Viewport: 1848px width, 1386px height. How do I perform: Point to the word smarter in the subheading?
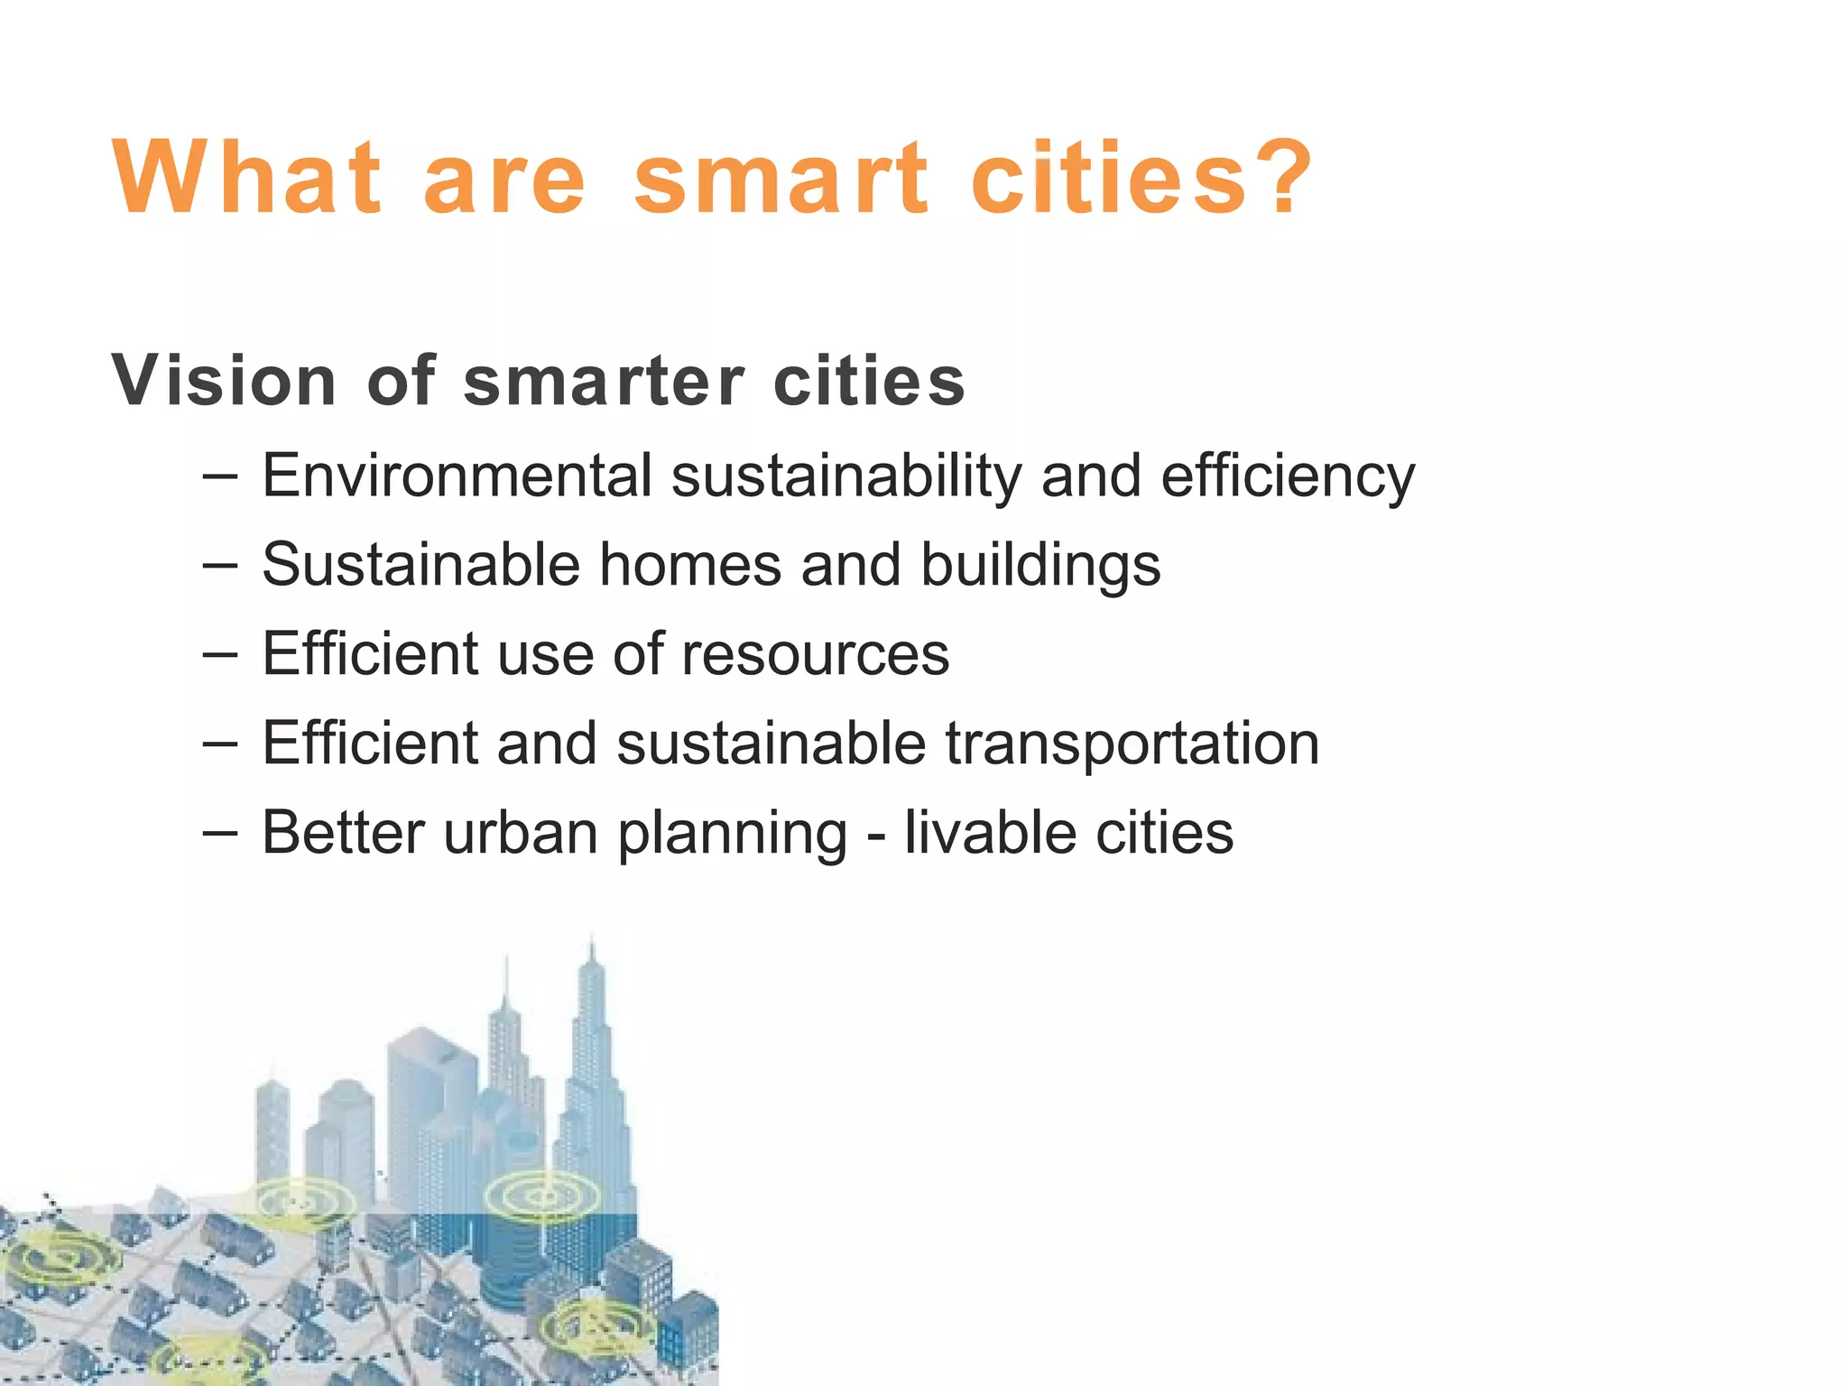(604, 381)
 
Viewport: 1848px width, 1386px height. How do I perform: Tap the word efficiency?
(1288, 477)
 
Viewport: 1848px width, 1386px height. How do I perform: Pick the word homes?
(690, 565)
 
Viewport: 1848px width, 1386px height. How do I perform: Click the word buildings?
(1040, 567)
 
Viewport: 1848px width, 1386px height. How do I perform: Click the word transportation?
(1132, 744)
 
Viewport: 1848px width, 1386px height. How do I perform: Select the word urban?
(521, 832)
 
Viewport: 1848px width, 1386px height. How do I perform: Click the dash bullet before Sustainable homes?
(220, 565)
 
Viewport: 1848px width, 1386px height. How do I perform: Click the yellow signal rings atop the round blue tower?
(542, 1197)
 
